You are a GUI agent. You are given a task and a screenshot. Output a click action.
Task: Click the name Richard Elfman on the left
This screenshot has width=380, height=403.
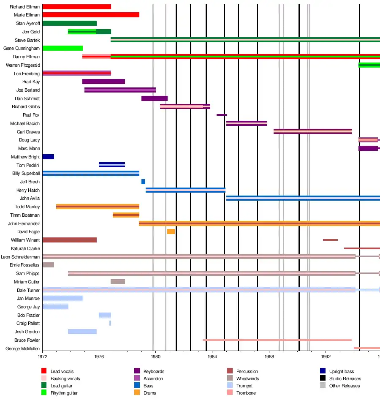point(25,7)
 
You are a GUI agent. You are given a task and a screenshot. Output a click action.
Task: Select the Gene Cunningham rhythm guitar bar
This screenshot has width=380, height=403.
point(62,48)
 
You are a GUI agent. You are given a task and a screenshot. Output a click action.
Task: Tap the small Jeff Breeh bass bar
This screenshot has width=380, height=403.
point(143,182)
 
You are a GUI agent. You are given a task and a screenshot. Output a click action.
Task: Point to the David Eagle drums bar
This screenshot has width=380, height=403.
point(171,231)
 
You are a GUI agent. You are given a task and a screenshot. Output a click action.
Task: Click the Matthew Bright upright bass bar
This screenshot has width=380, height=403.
point(48,157)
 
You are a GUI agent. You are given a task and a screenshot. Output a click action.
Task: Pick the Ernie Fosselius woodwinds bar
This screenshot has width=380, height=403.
point(48,265)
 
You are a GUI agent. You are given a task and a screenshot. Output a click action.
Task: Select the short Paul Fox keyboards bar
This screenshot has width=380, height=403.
point(221,115)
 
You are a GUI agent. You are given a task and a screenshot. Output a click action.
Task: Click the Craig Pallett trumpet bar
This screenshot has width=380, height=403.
point(110,323)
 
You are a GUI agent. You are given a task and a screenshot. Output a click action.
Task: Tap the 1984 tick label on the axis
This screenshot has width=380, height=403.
point(212,356)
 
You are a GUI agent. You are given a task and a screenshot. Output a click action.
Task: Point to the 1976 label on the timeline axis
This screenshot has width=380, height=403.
point(99,356)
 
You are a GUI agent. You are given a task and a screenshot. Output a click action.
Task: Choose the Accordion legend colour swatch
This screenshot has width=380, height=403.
point(137,378)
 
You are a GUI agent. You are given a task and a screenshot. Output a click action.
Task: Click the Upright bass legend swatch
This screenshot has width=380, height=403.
point(323,371)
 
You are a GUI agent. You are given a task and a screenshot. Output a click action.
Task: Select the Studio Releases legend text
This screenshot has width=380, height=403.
point(345,378)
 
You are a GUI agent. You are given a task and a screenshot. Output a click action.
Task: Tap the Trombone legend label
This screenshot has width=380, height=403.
point(246,393)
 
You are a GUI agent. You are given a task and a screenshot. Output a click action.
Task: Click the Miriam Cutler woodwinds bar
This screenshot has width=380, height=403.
point(118,282)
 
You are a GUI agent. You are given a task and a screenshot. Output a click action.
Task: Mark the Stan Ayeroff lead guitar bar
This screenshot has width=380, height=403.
point(69,23)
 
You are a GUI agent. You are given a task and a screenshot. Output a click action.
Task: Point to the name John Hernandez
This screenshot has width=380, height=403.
point(24,223)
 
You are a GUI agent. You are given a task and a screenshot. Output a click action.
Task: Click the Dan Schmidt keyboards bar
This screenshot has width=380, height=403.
point(154,98)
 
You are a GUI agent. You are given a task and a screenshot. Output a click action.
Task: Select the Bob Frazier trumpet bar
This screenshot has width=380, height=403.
point(105,315)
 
